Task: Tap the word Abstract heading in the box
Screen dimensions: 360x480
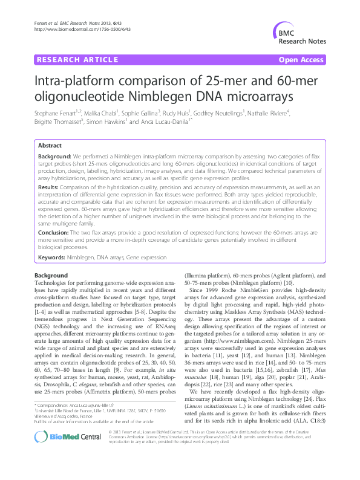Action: (x=49, y=146)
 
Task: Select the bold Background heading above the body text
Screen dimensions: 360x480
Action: (x=51, y=276)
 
